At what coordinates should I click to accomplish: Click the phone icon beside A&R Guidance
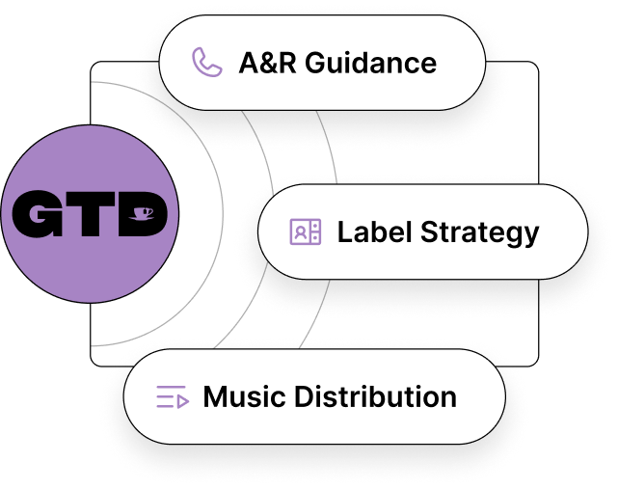[x=206, y=63]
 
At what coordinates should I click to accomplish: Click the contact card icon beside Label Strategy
[x=305, y=232]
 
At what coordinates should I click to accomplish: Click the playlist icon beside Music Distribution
[x=172, y=396]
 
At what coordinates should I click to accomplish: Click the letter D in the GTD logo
[x=141, y=214]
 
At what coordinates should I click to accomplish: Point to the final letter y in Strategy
[x=531, y=236]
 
